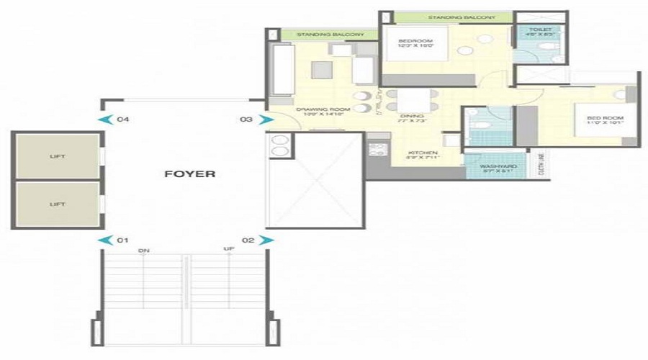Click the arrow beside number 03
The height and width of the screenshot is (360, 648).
(265, 120)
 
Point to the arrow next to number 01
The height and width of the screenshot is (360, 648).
(104, 239)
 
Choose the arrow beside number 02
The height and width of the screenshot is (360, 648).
(266, 239)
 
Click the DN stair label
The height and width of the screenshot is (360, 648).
(144, 251)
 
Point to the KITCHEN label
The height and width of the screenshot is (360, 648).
(419, 153)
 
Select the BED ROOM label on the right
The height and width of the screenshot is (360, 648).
(604, 117)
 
